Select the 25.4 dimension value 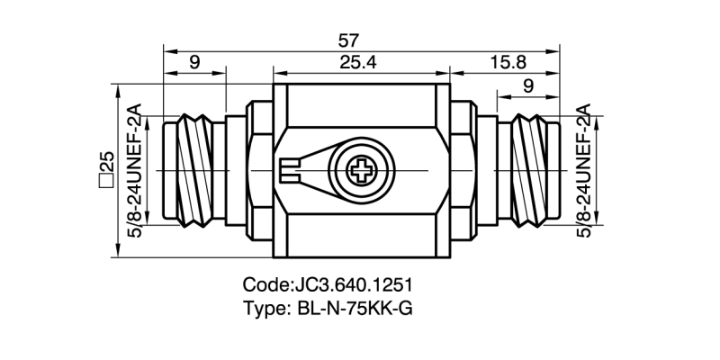[361, 62]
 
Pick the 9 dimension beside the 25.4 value [194, 62]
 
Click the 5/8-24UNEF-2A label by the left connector [136, 169]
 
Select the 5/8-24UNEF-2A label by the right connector [582, 169]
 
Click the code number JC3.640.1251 [353, 285]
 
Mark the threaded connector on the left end [193, 169]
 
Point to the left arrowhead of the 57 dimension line [166, 48]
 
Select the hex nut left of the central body [256, 169]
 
